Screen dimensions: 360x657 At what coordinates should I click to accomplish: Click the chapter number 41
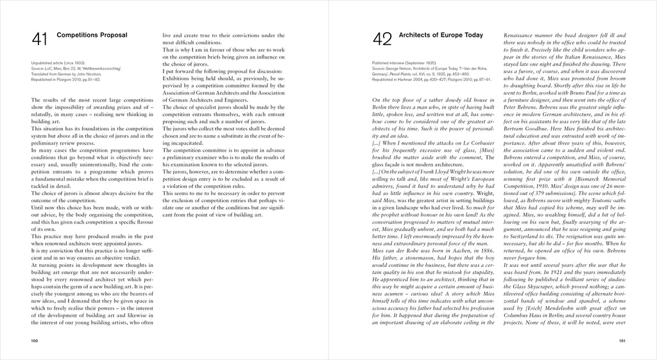tap(40, 39)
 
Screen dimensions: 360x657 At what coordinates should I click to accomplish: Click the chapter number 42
tap(383, 39)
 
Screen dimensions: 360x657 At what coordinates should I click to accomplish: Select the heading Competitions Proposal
tap(92, 34)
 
